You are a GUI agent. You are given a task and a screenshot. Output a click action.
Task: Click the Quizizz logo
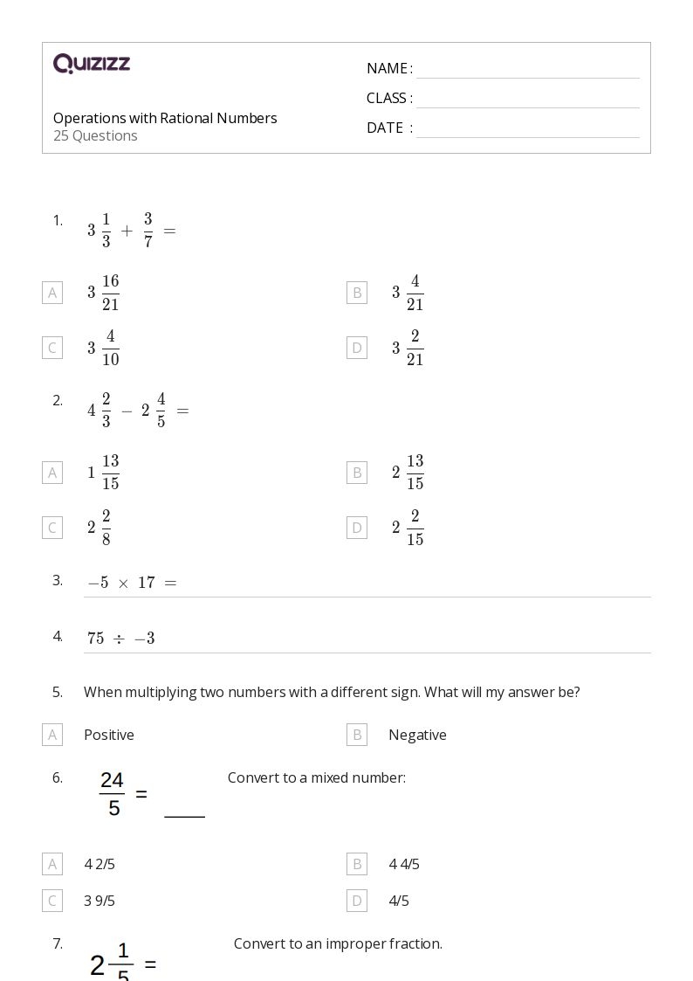(x=92, y=64)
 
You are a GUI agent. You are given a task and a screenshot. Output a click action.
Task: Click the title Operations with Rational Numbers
(x=165, y=118)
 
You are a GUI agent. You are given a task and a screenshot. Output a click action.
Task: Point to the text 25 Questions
(x=95, y=135)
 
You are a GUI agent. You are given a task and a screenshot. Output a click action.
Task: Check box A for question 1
(x=52, y=293)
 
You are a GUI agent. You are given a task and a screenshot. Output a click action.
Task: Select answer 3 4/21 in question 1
(x=408, y=293)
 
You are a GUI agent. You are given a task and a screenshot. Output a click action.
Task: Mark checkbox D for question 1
(x=357, y=348)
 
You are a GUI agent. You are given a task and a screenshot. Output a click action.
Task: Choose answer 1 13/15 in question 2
(x=103, y=473)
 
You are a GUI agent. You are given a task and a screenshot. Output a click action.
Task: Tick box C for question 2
(x=52, y=528)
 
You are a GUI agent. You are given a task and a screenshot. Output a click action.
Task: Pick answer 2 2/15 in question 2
(x=408, y=528)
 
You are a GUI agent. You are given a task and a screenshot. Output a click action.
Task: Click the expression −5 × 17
(x=132, y=583)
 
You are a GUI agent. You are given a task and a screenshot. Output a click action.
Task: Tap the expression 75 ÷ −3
(x=121, y=639)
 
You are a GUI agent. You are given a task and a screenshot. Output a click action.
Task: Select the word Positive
(x=109, y=735)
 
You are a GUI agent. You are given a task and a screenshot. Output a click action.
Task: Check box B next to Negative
(x=357, y=735)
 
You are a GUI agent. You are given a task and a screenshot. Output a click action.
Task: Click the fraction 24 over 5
(x=113, y=794)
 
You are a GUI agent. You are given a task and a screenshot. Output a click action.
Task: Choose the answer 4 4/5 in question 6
(x=404, y=864)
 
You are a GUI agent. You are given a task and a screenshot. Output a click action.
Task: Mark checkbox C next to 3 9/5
(x=52, y=901)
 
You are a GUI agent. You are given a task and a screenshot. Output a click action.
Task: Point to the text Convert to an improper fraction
(x=338, y=943)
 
